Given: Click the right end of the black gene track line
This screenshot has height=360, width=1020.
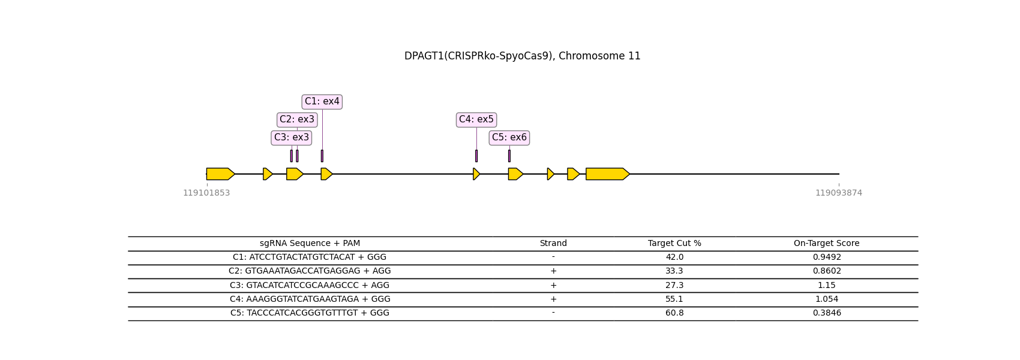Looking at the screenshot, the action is [x=839, y=174].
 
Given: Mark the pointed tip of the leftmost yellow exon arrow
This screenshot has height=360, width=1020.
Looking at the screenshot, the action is [x=235, y=174].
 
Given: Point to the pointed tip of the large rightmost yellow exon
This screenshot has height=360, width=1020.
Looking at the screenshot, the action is [x=630, y=174].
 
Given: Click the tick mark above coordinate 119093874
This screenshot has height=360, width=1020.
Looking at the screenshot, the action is [x=839, y=185].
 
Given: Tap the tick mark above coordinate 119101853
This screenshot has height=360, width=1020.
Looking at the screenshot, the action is [x=207, y=185].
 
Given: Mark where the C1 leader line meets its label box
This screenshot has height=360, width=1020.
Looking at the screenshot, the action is [x=322, y=109].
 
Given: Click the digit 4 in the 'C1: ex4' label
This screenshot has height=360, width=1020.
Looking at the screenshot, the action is [x=337, y=101].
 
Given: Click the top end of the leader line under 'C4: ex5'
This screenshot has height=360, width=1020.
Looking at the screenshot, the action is [x=477, y=127].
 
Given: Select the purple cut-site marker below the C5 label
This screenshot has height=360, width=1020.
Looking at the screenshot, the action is [x=509, y=155].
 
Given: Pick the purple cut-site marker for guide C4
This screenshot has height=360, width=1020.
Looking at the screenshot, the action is [x=476, y=155].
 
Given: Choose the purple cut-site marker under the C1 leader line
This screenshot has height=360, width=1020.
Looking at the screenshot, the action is [x=322, y=155].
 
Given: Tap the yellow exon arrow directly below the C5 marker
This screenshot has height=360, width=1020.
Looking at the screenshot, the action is [x=515, y=174].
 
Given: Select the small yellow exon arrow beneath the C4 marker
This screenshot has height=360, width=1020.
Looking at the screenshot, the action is [x=476, y=174].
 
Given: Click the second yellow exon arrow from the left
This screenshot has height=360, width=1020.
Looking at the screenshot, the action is [x=268, y=174].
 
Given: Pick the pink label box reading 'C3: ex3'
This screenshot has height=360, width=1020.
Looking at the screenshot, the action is [x=292, y=137].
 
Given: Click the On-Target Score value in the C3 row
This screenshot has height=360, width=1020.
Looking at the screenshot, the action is [x=826, y=286].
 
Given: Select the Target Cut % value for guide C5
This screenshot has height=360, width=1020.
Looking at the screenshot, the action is [x=674, y=313].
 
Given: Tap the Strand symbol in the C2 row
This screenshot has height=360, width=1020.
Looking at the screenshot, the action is [x=553, y=271].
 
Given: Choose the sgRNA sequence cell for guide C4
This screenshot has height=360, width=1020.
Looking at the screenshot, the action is [x=310, y=299].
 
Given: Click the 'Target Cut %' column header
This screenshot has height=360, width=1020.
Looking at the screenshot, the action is [x=674, y=244].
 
